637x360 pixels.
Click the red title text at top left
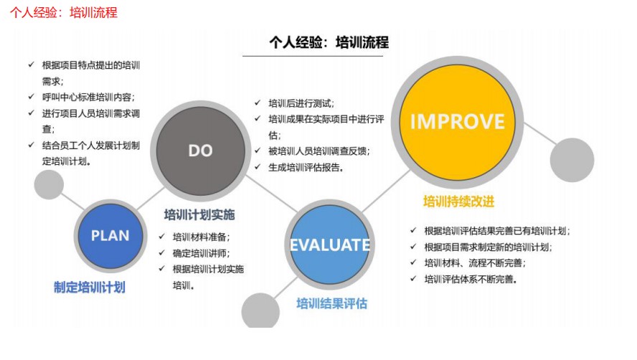tap(64, 12)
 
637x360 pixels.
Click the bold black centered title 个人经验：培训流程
tap(329, 42)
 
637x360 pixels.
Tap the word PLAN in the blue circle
tap(110, 235)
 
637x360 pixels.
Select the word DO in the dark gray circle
tap(200, 151)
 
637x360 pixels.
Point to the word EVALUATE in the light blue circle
tap(330, 245)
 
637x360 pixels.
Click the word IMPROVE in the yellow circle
tap(458, 121)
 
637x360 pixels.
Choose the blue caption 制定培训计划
tap(90, 288)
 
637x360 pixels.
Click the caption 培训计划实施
tap(199, 214)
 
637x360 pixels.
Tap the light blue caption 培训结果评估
tap(332, 303)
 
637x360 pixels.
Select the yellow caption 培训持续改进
tap(458, 201)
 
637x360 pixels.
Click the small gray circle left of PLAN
tap(49, 184)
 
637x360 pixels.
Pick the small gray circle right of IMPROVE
tap(572, 160)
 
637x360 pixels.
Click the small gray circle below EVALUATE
tap(260, 311)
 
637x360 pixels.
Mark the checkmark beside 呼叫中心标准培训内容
tap(32, 97)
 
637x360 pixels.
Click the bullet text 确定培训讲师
tap(201, 253)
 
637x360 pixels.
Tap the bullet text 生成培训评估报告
tap(306, 167)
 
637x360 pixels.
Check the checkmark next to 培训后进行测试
tap(258, 103)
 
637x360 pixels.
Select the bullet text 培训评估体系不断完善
tap(471, 279)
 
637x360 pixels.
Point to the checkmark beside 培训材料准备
tap(162, 237)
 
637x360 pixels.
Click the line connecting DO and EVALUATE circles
tap(271, 194)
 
